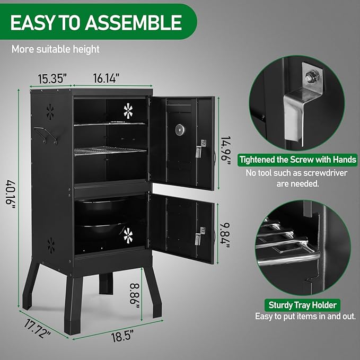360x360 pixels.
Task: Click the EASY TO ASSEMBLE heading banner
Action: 95,22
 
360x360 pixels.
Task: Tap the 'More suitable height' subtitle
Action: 56,50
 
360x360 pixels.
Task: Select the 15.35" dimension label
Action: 51,79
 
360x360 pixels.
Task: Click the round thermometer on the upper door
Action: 180,129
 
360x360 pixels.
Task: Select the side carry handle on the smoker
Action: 46,134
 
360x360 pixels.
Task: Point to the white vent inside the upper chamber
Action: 129,110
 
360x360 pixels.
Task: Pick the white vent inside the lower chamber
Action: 128,235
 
